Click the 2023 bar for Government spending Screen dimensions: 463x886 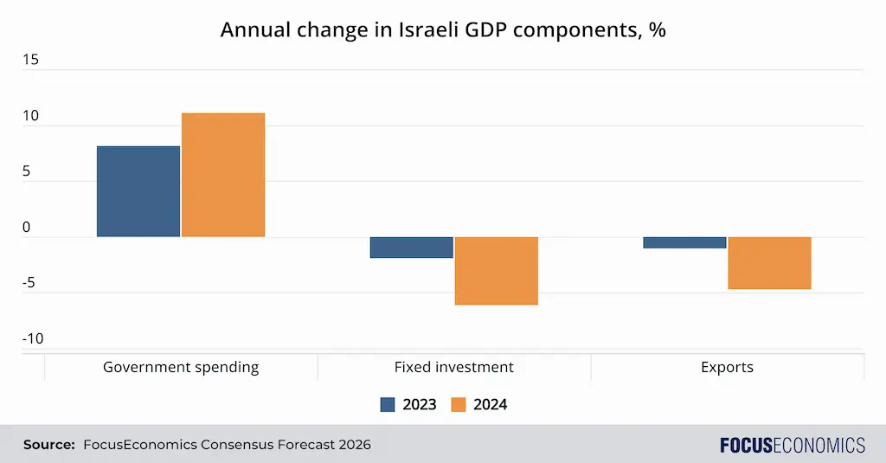(138, 191)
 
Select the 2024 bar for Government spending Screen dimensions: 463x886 (223, 175)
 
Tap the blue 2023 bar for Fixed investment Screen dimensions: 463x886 (412, 248)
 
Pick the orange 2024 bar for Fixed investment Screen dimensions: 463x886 (497, 271)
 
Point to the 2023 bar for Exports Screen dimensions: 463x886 (684, 242)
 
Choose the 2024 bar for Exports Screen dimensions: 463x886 (769, 263)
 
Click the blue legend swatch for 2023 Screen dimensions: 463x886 (388, 404)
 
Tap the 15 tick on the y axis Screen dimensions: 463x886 (31, 60)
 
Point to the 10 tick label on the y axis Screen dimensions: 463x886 (31, 116)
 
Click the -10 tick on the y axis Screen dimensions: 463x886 (32, 338)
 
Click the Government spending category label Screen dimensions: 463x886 (181, 367)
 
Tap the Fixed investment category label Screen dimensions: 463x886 (453, 367)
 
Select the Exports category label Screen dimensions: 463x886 (727, 367)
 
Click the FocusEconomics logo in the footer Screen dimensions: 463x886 (792, 445)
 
